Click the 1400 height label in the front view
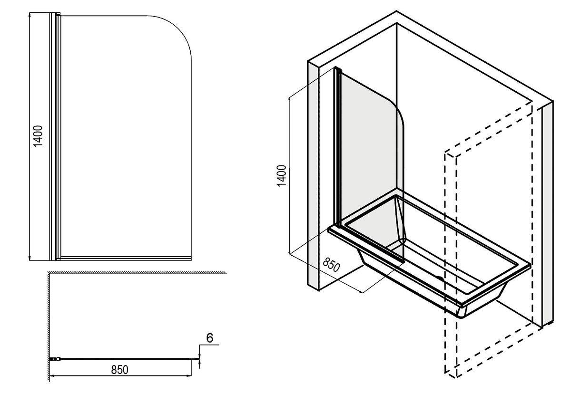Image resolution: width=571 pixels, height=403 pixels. coord(38,136)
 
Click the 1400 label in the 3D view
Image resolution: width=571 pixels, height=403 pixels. coord(282,176)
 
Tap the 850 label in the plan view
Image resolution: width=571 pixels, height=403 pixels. coord(119,370)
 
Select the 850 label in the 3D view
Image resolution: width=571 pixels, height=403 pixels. coord(331,265)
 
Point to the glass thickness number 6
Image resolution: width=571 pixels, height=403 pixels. coord(209,338)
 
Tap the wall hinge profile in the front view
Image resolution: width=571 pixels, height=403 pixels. coord(55,136)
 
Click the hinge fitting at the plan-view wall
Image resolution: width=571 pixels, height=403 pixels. coord(54,359)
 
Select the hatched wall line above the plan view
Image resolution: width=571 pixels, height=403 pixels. coord(138,272)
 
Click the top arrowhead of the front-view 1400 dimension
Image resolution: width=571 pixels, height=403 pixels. coord(30,15)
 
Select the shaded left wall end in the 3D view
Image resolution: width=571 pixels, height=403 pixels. coord(313,176)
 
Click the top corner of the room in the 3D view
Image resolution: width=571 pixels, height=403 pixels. coord(396,11)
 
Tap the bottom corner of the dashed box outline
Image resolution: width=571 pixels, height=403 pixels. coord(456,377)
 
